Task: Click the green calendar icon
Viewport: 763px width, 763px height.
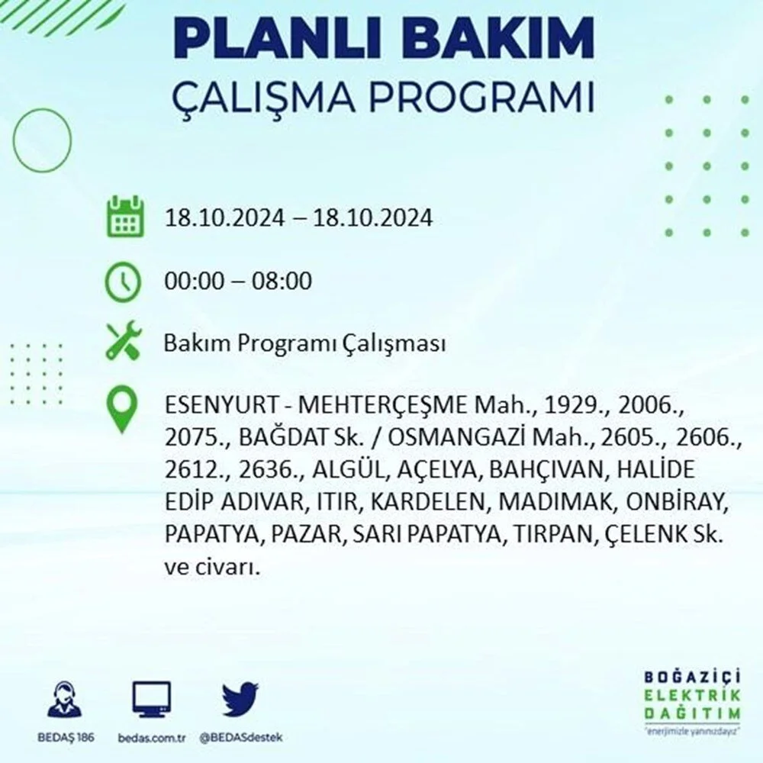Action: click(x=126, y=216)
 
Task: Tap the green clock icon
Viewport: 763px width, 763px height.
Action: click(x=123, y=282)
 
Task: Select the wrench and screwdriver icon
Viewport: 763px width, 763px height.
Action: click(x=124, y=340)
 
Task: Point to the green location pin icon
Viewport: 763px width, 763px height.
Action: click(x=123, y=409)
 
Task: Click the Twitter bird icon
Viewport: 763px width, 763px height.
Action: click(x=240, y=699)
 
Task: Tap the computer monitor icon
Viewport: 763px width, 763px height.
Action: click(x=151, y=700)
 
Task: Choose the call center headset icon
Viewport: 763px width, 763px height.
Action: click(x=65, y=699)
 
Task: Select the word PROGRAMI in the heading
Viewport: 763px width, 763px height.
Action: click(x=481, y=98)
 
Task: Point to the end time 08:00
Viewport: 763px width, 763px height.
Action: click(x=282, y=281)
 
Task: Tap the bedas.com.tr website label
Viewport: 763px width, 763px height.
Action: click(x=151, y=738)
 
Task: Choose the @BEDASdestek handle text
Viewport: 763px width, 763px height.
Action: click(x=241, y=738)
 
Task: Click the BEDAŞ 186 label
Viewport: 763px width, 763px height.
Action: click(x=66, y=738)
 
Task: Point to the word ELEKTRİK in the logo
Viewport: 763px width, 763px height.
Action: click(x=692, y=695)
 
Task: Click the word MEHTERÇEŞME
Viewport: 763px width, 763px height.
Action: click(x=382, y=405)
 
